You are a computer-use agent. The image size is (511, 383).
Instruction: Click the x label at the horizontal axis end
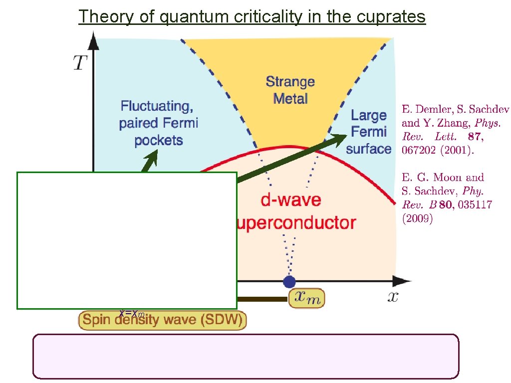pyautogui.click(x=393, y=297)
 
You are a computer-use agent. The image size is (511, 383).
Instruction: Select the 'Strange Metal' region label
pyautogui.click(x=290, y=89)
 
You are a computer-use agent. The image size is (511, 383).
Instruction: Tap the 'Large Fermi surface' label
pyautogui.click(x=369, y=132)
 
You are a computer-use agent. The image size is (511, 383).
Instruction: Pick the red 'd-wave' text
pyautogui.click(x=285, y=200)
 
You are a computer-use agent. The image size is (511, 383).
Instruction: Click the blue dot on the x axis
pyautogui.click(x=289, y=282)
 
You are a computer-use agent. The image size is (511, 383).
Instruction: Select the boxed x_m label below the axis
pyautogui.click(x=307, y=298)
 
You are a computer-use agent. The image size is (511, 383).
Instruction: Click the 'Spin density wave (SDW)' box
pyautogui.click(x=163, y=320)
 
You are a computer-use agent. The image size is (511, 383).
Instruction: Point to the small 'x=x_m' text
pyautogui.click(x=132, y=314)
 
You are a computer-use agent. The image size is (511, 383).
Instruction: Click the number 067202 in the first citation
pyautogui.click(x=420, y=150)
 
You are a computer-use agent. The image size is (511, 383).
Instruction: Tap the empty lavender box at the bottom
pyautogui.click(x=246, y=356)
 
